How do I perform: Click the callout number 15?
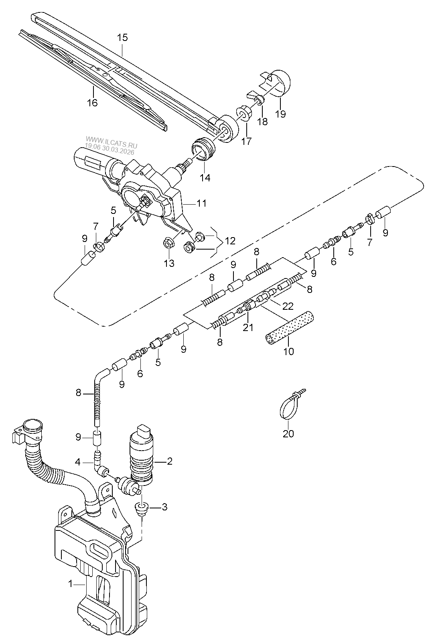(x=122, y=38)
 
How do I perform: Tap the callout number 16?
(x=93, y=103)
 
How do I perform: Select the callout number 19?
(x=281, y=114)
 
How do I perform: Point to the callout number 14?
(x=205, y=178)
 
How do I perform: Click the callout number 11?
(x=202, y=203)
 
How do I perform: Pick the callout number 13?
(x=169, y=263)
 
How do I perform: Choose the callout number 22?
(x=288, y=307)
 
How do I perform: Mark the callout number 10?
(x=289, y=351)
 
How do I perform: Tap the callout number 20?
(x=288, y=434)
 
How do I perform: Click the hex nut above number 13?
(x=166, y=244)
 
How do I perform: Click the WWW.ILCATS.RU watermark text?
(x=112, y=140)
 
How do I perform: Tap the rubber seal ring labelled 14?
(x=203, y=149)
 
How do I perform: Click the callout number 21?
(x=248, y=327)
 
